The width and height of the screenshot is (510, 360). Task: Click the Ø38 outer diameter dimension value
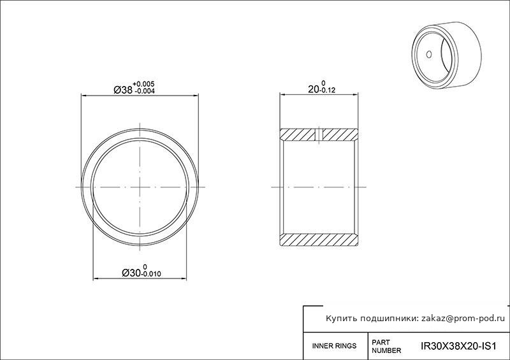click(123, 89)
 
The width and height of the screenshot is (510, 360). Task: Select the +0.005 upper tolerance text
click(143, 84)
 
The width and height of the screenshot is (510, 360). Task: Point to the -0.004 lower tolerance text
click(144, 91)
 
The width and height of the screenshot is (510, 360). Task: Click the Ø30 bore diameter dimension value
click(131, 273)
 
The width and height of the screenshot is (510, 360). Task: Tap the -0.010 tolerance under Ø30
click(151, 274)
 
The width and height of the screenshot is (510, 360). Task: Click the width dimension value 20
click(313, 89)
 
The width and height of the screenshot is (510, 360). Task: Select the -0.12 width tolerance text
click(327, 90)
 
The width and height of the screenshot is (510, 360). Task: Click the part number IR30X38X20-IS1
click(458, 346)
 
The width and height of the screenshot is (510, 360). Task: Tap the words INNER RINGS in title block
click(334, 346)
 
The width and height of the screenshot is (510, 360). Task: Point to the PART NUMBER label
click(386, 347)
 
